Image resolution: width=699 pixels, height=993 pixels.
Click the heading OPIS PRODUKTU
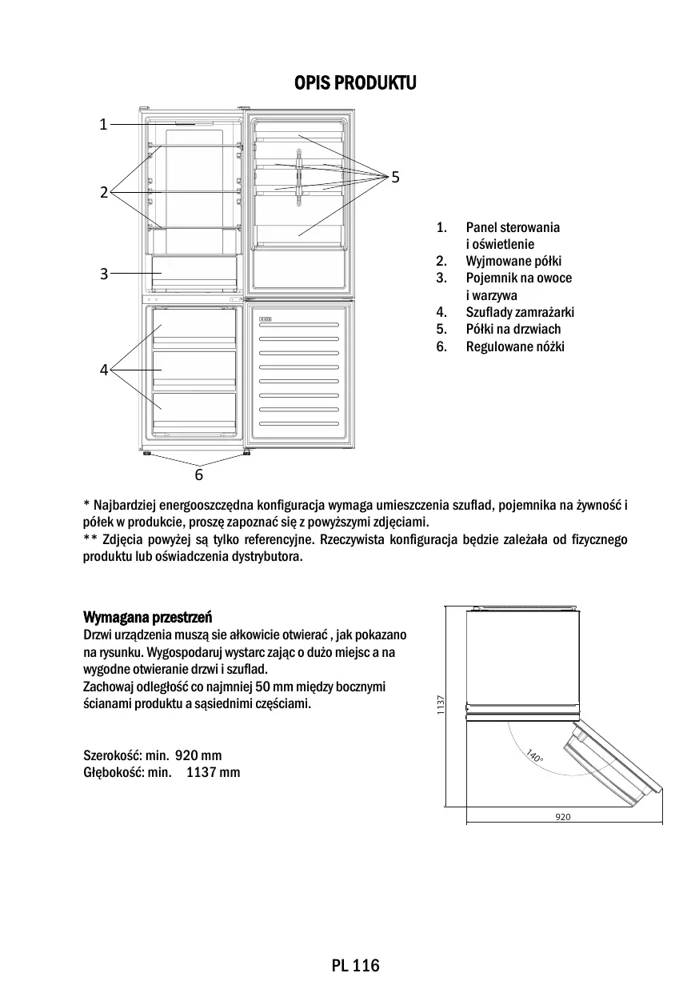tap(355, 83)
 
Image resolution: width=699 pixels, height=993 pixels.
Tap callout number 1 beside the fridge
tap(103, 124)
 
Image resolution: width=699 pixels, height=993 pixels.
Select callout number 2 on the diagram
tap(104, 192)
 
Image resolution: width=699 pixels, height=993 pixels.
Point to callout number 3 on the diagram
tap(104, 274)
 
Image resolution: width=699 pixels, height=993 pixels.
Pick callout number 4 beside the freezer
tap(104, 370)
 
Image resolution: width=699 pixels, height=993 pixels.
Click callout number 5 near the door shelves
tap(395, 176)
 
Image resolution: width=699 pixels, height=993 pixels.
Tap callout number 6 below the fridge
tap(199, 474)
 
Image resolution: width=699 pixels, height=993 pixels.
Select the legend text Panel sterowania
tap(513, 227)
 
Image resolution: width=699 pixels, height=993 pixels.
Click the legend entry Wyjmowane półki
tap(513, 261)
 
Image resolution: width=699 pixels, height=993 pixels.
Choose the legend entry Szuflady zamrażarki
tap(520, 312)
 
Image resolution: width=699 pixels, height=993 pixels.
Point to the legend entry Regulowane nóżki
tap(515, 346)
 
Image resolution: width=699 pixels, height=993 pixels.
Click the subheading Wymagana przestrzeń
tap(147, 617)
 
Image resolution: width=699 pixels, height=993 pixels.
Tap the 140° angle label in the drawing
tap(534, 756)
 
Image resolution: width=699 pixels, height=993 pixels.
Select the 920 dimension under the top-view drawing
tap(562, 817)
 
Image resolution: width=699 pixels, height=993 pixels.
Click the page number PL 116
tap(355, 966)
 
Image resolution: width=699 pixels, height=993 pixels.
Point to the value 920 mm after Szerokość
tap(198, 755)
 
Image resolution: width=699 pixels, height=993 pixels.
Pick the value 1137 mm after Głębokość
tap(213, 772)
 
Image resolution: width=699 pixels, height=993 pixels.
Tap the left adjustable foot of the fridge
tap(148, 454)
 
